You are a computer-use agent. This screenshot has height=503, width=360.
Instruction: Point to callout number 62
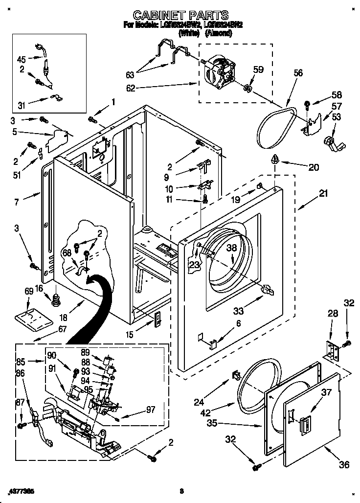point(130,89)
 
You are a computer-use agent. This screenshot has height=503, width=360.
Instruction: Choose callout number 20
point(314,167)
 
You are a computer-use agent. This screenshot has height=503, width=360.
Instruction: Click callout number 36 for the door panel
point(344,464)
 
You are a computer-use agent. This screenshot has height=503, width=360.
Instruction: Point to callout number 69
point(29,292)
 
